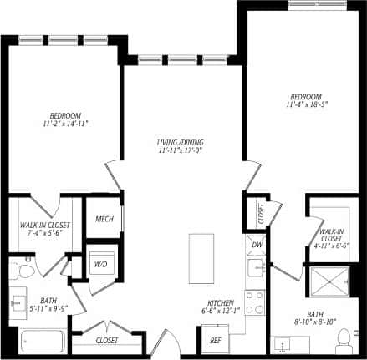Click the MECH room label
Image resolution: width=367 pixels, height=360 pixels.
[104, 220]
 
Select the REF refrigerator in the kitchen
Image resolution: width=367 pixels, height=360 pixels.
[215, 340]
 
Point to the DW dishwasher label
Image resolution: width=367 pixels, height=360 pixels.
[257, 246]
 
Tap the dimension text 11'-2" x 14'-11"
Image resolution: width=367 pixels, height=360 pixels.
[64, 122]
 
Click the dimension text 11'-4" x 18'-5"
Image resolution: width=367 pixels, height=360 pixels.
[303, 104]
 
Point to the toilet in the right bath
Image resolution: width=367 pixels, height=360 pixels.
[343, 341]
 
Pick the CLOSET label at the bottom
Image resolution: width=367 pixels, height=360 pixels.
[106, 341]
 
